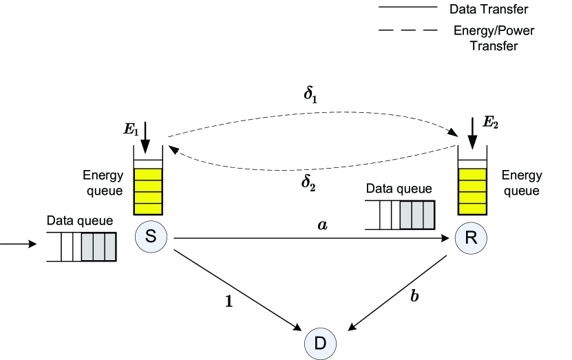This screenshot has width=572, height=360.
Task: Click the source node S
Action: click(x=151, y=237)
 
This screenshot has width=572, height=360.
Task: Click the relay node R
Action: click(x=471, y=237)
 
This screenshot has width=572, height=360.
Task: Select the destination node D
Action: click(x=320, y=343)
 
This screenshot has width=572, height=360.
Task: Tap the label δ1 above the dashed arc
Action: click(x=310, y=96)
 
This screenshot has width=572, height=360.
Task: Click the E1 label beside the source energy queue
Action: click(x=131, y=129)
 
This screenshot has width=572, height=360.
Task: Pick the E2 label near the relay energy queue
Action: click(x=491, y=123)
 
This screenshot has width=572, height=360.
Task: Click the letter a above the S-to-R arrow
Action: click(x=322, y=225)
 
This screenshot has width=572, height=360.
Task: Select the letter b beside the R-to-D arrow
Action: click(x=414, y=295)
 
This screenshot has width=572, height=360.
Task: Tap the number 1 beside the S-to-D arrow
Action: click(x=229, y=301)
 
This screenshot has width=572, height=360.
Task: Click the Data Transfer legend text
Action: click(x=489, y=9)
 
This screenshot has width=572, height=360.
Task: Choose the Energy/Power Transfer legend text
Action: click(x=494, y=38)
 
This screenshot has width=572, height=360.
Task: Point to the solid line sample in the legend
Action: click(x=408, y=7)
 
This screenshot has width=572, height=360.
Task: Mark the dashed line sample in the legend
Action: click(x=408, y=30)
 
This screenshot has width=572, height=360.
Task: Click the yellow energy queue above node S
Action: click(x=148, y=191)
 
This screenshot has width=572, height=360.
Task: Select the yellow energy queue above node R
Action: click(x=472, y=191)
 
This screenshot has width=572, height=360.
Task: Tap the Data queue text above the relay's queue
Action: click(x=399, y=189)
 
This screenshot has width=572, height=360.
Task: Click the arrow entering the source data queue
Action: click(x=18, y=244)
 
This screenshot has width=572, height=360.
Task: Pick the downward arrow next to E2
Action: click(x=472, y=134)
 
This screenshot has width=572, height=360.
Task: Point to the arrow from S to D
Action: click(x=238, y=290)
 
